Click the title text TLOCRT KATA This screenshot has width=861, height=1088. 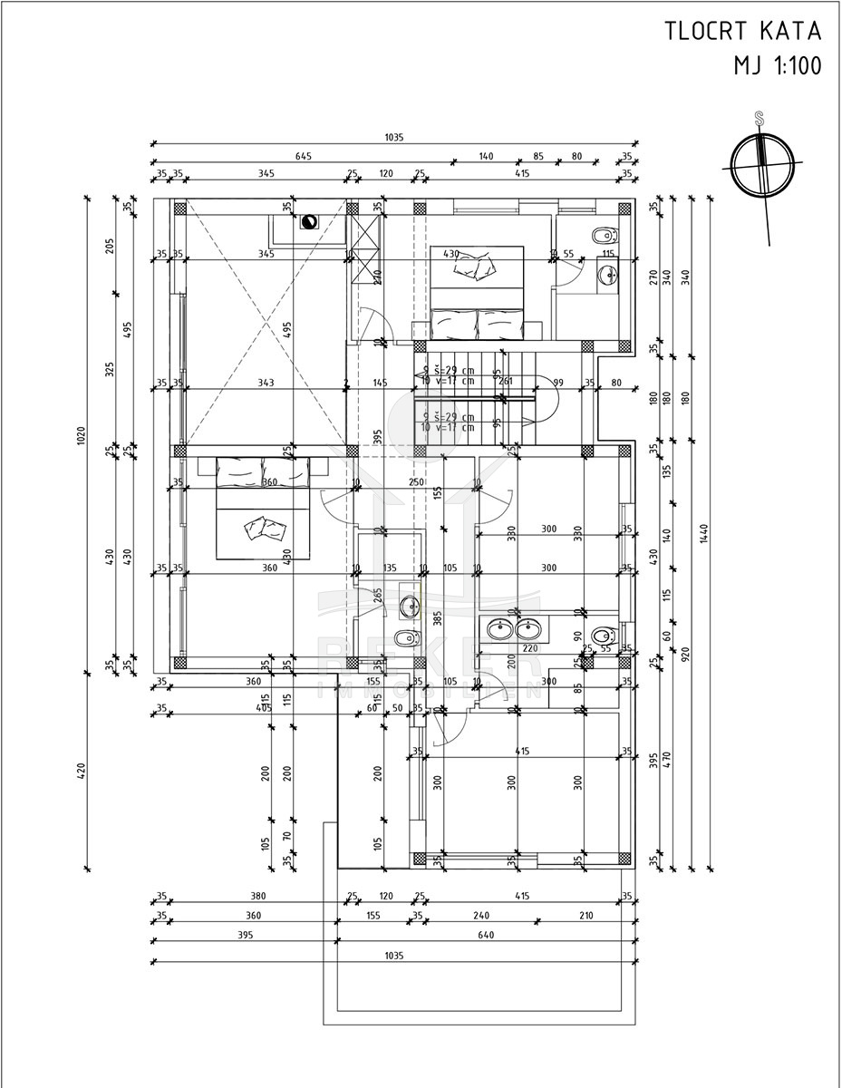(x=742, y=32)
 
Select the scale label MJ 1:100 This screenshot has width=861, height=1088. (x=777, y=66)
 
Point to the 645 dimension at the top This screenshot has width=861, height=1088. (x=304, y=157)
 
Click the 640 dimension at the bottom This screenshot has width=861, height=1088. (x=486, y=934)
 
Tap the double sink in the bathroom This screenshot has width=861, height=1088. (x=514, y=627)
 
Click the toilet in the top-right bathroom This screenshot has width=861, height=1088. (x=602, y=237)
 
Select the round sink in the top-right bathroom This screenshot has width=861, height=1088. (x=607, y=273)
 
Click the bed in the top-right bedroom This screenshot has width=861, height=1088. (x=476, y=291)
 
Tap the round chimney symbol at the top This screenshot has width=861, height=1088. (x=309, y=220)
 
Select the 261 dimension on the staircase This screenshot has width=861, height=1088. (x=506, y=382)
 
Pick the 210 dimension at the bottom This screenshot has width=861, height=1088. (x=585, y=916)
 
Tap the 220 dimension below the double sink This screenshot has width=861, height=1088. (x=529, y=648)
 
